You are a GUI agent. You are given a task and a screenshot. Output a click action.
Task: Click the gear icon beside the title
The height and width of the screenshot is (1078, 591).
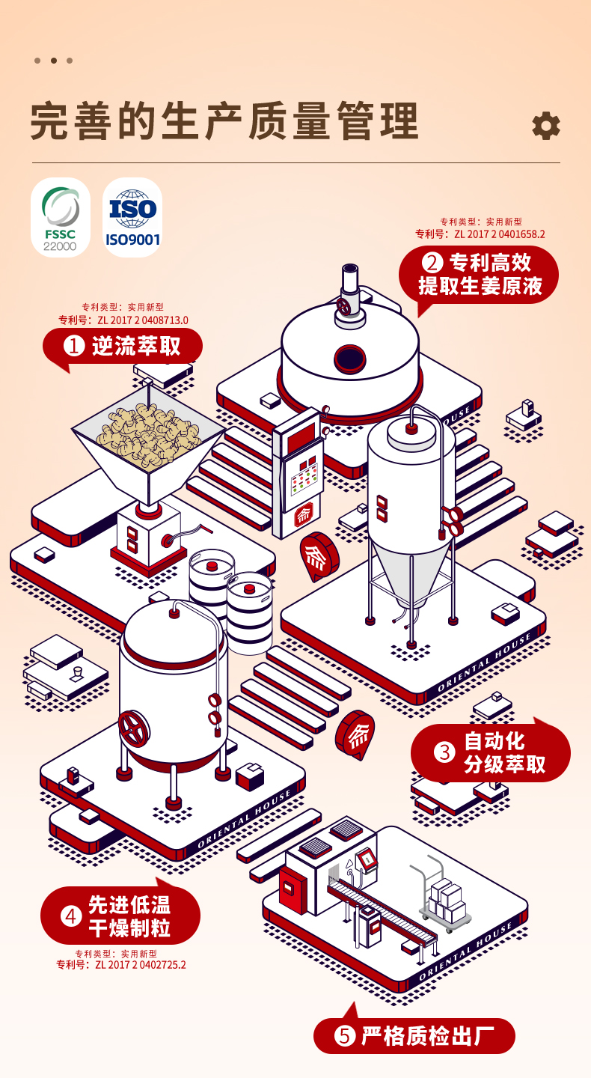[545, 126]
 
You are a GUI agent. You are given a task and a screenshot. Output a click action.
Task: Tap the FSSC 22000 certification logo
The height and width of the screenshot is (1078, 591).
[61, 217]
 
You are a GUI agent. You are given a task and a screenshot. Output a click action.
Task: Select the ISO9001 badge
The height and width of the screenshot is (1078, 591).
[132, 217]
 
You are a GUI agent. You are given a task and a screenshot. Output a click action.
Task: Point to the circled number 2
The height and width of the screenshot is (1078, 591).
[432, 263]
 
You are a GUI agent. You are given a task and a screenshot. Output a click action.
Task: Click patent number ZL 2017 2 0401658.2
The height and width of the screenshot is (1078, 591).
[499, 234]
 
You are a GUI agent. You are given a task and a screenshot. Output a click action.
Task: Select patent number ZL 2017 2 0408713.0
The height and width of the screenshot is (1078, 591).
[142, 320]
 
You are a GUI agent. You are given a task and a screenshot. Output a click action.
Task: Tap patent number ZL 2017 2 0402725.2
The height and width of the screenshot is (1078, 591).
[140, 965]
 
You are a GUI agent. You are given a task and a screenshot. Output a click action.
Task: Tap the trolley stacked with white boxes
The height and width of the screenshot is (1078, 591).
[446, 898]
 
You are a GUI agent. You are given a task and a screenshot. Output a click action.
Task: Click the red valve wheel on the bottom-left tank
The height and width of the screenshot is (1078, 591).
[134, 728]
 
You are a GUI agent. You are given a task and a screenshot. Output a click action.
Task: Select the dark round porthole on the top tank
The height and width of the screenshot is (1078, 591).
[349, 359]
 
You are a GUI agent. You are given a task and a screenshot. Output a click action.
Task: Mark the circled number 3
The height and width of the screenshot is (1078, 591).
[445, 752]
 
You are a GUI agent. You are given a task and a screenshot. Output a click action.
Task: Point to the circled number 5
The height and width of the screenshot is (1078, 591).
[344, 1036]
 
